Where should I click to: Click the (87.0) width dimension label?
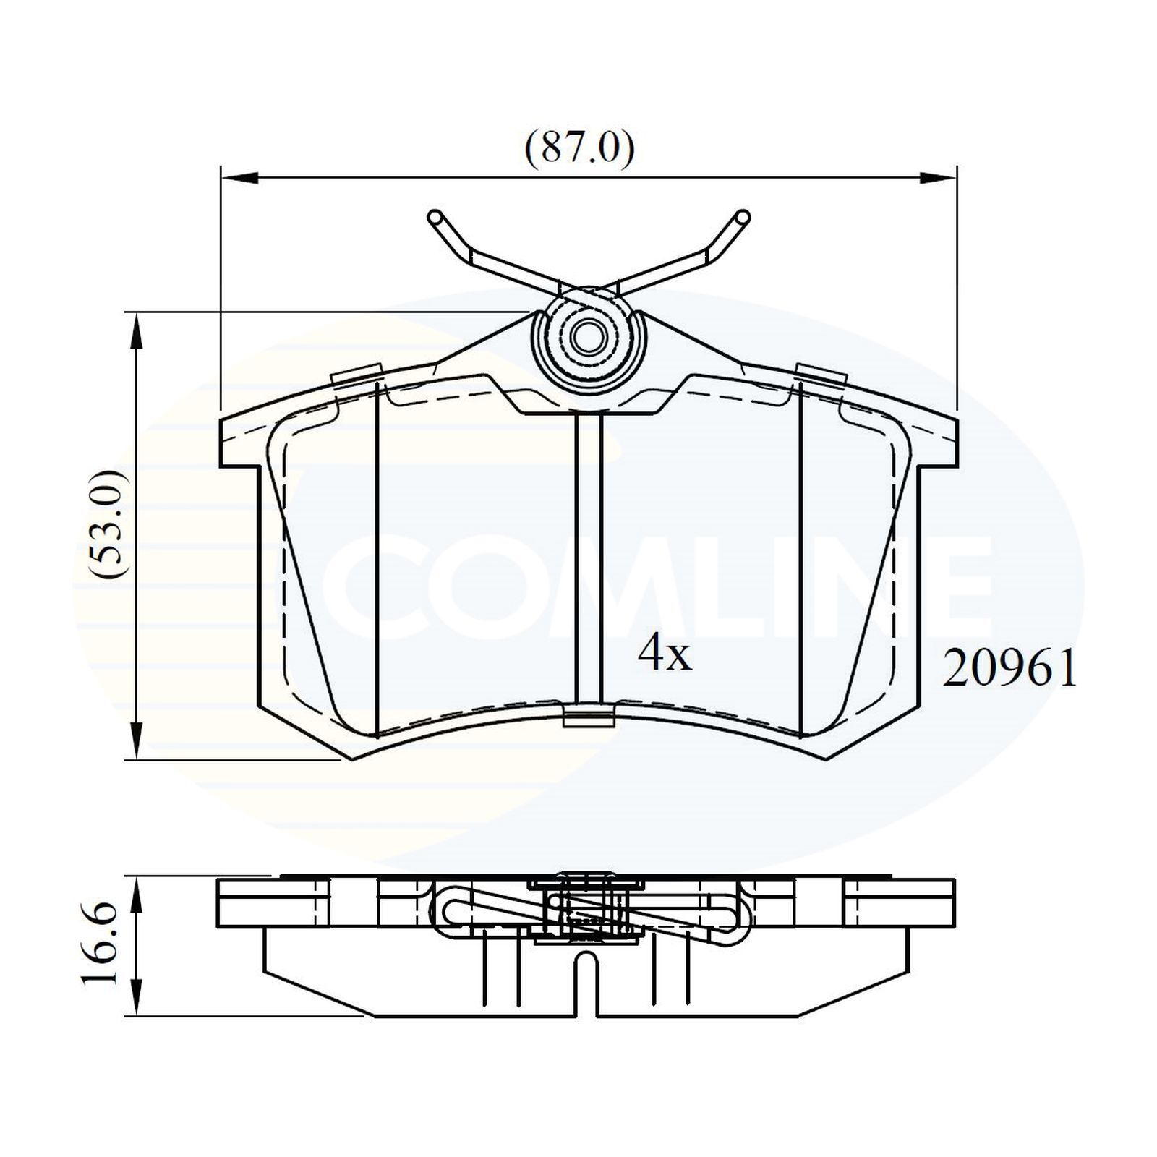tap(579, 150)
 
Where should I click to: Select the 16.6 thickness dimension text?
tap(101, 943)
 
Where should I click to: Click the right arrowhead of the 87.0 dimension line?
tap(939, 177)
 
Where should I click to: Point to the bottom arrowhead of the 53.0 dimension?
tap(135, 742)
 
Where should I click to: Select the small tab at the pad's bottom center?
tap(589, 717)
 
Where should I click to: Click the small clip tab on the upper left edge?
tap(357, 376)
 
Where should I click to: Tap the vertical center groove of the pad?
tap(589, 557)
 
